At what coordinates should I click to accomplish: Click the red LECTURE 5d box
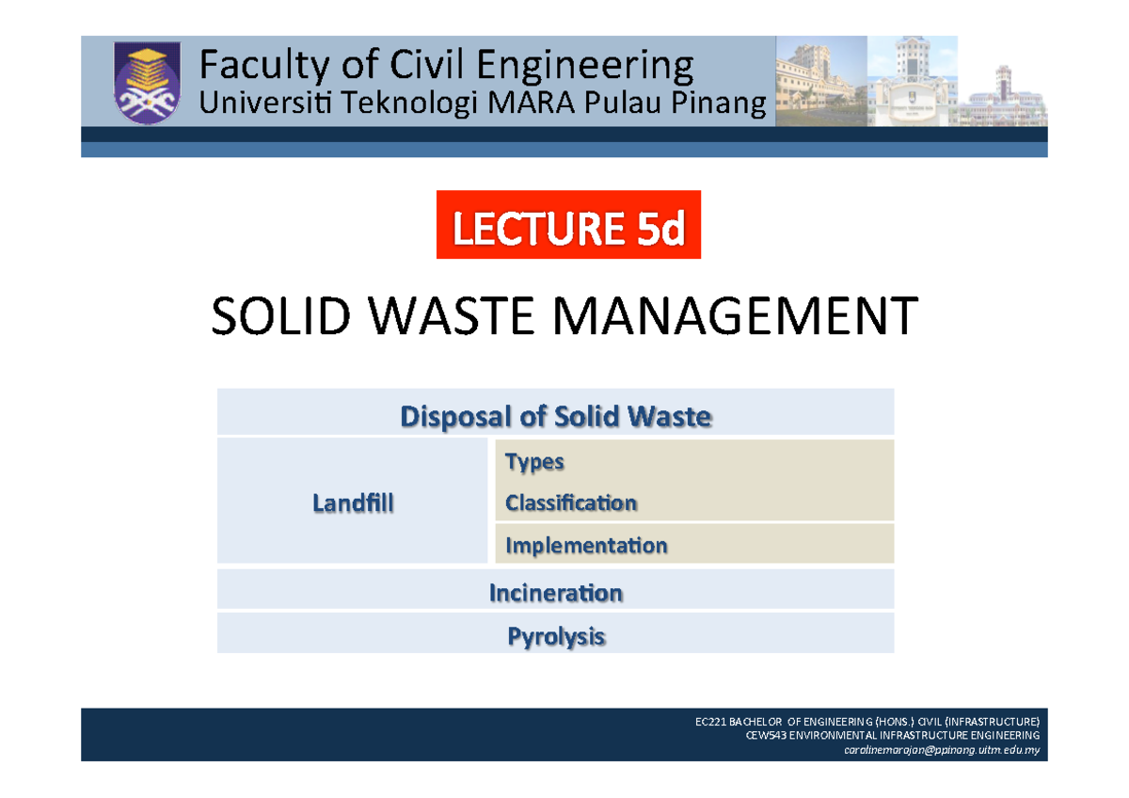[568, 224]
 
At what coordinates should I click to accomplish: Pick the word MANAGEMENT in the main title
[713, 317]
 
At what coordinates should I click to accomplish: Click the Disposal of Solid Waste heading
[555, 416]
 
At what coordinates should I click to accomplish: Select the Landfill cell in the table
[353, 504]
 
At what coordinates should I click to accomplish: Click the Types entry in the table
[534, 462]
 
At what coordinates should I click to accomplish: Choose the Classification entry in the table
[571, 503]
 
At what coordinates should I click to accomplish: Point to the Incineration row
[555, 593]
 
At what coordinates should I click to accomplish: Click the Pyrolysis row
[555, 637]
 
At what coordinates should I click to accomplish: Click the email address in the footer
[954, 750]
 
